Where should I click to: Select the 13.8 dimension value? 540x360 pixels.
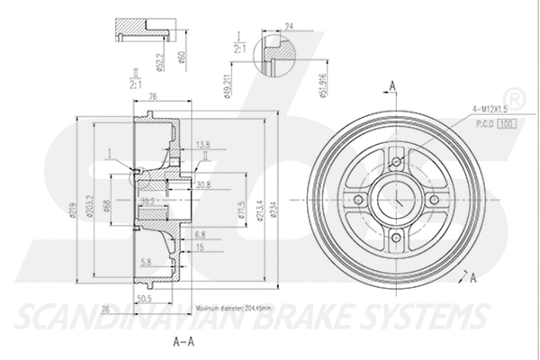[202, 143]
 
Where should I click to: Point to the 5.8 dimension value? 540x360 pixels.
[146, 261]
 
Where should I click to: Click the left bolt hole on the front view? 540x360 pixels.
[358, 200]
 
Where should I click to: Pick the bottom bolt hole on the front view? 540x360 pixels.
[396, 238]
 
